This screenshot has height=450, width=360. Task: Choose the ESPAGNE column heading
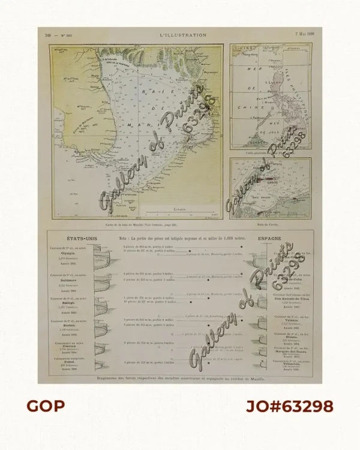pos(271,238)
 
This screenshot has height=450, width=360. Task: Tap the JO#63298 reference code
pos(289,406)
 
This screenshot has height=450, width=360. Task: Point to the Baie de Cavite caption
pos(270,223)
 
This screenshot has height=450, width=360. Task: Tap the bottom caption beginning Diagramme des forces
pos(180,379)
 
